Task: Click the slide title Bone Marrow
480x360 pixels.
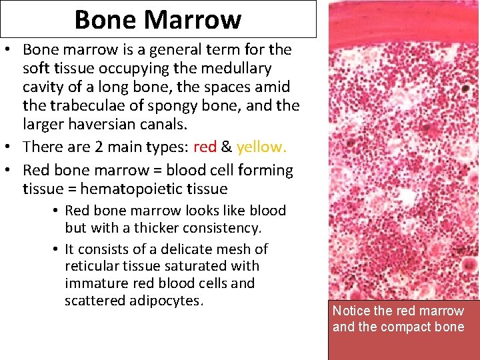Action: click(157, 19)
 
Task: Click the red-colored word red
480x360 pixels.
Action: click(205, 147)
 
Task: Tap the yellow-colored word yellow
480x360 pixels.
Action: click(261, 147)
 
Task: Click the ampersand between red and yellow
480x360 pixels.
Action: click(227, 147)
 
